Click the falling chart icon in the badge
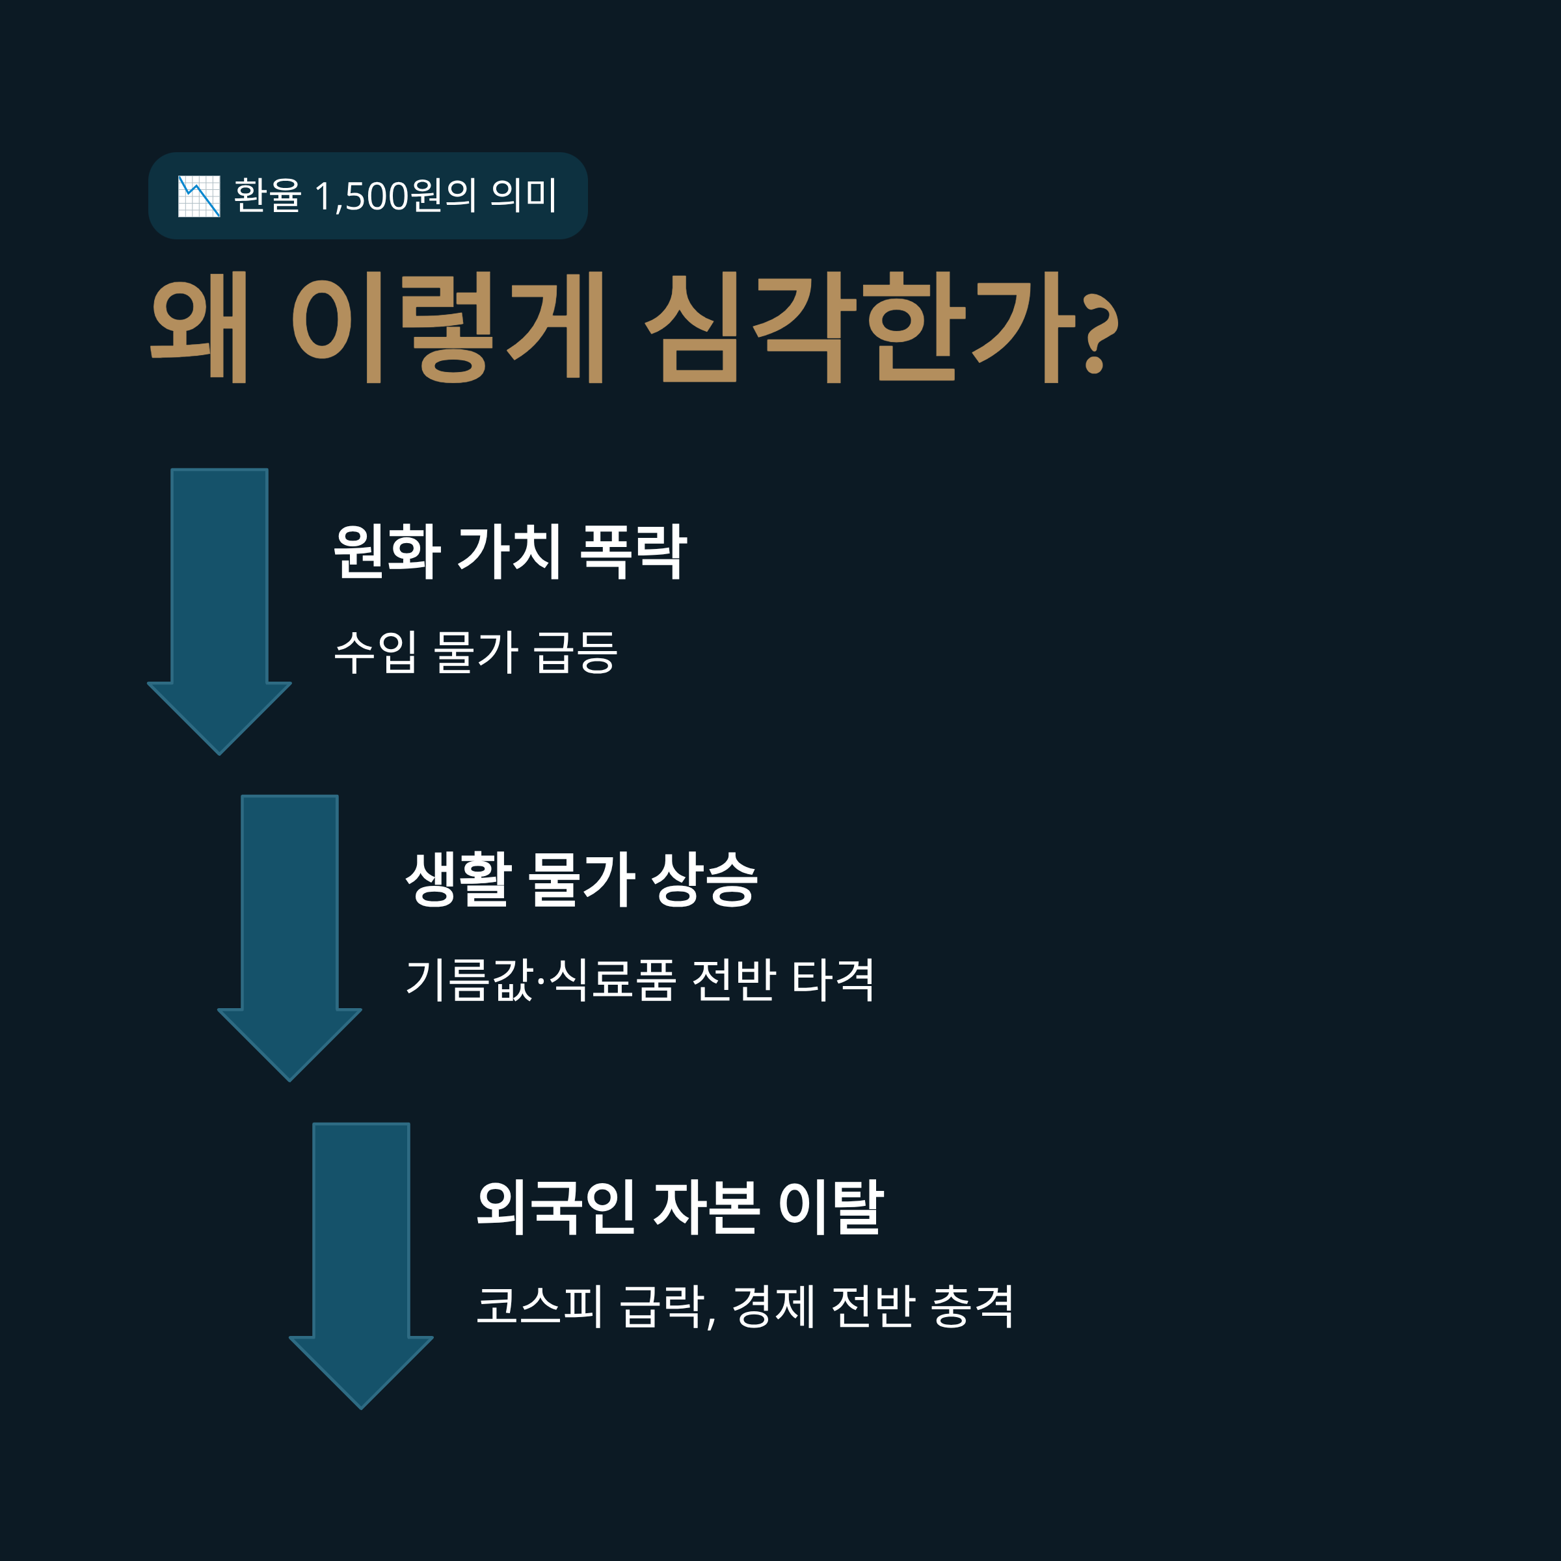pos(199,196)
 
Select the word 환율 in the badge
pos(267,196)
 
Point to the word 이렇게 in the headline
pos(447,327)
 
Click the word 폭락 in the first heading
pos(634,551)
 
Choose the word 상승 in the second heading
pos(704,879)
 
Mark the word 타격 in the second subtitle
pos(833,980)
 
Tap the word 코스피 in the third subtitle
pos(539,1307)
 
